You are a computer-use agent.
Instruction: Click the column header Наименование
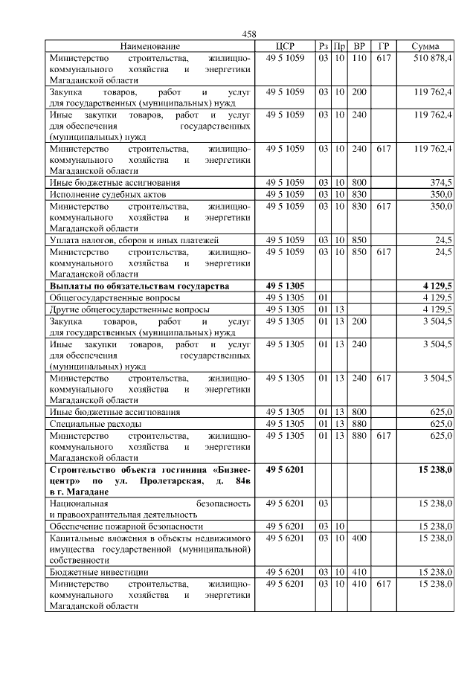pos(149,46)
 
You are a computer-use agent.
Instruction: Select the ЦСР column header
pos(286,46)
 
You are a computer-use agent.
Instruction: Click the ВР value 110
pos(360,58)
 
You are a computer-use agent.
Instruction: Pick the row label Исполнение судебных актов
pos(107,194)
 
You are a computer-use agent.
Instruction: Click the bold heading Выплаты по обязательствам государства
pos(139,286)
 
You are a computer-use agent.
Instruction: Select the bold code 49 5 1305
pos(286,286)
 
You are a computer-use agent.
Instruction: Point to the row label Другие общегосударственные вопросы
pos(129,309)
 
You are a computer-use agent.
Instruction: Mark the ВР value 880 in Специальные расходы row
pos(360,423)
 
